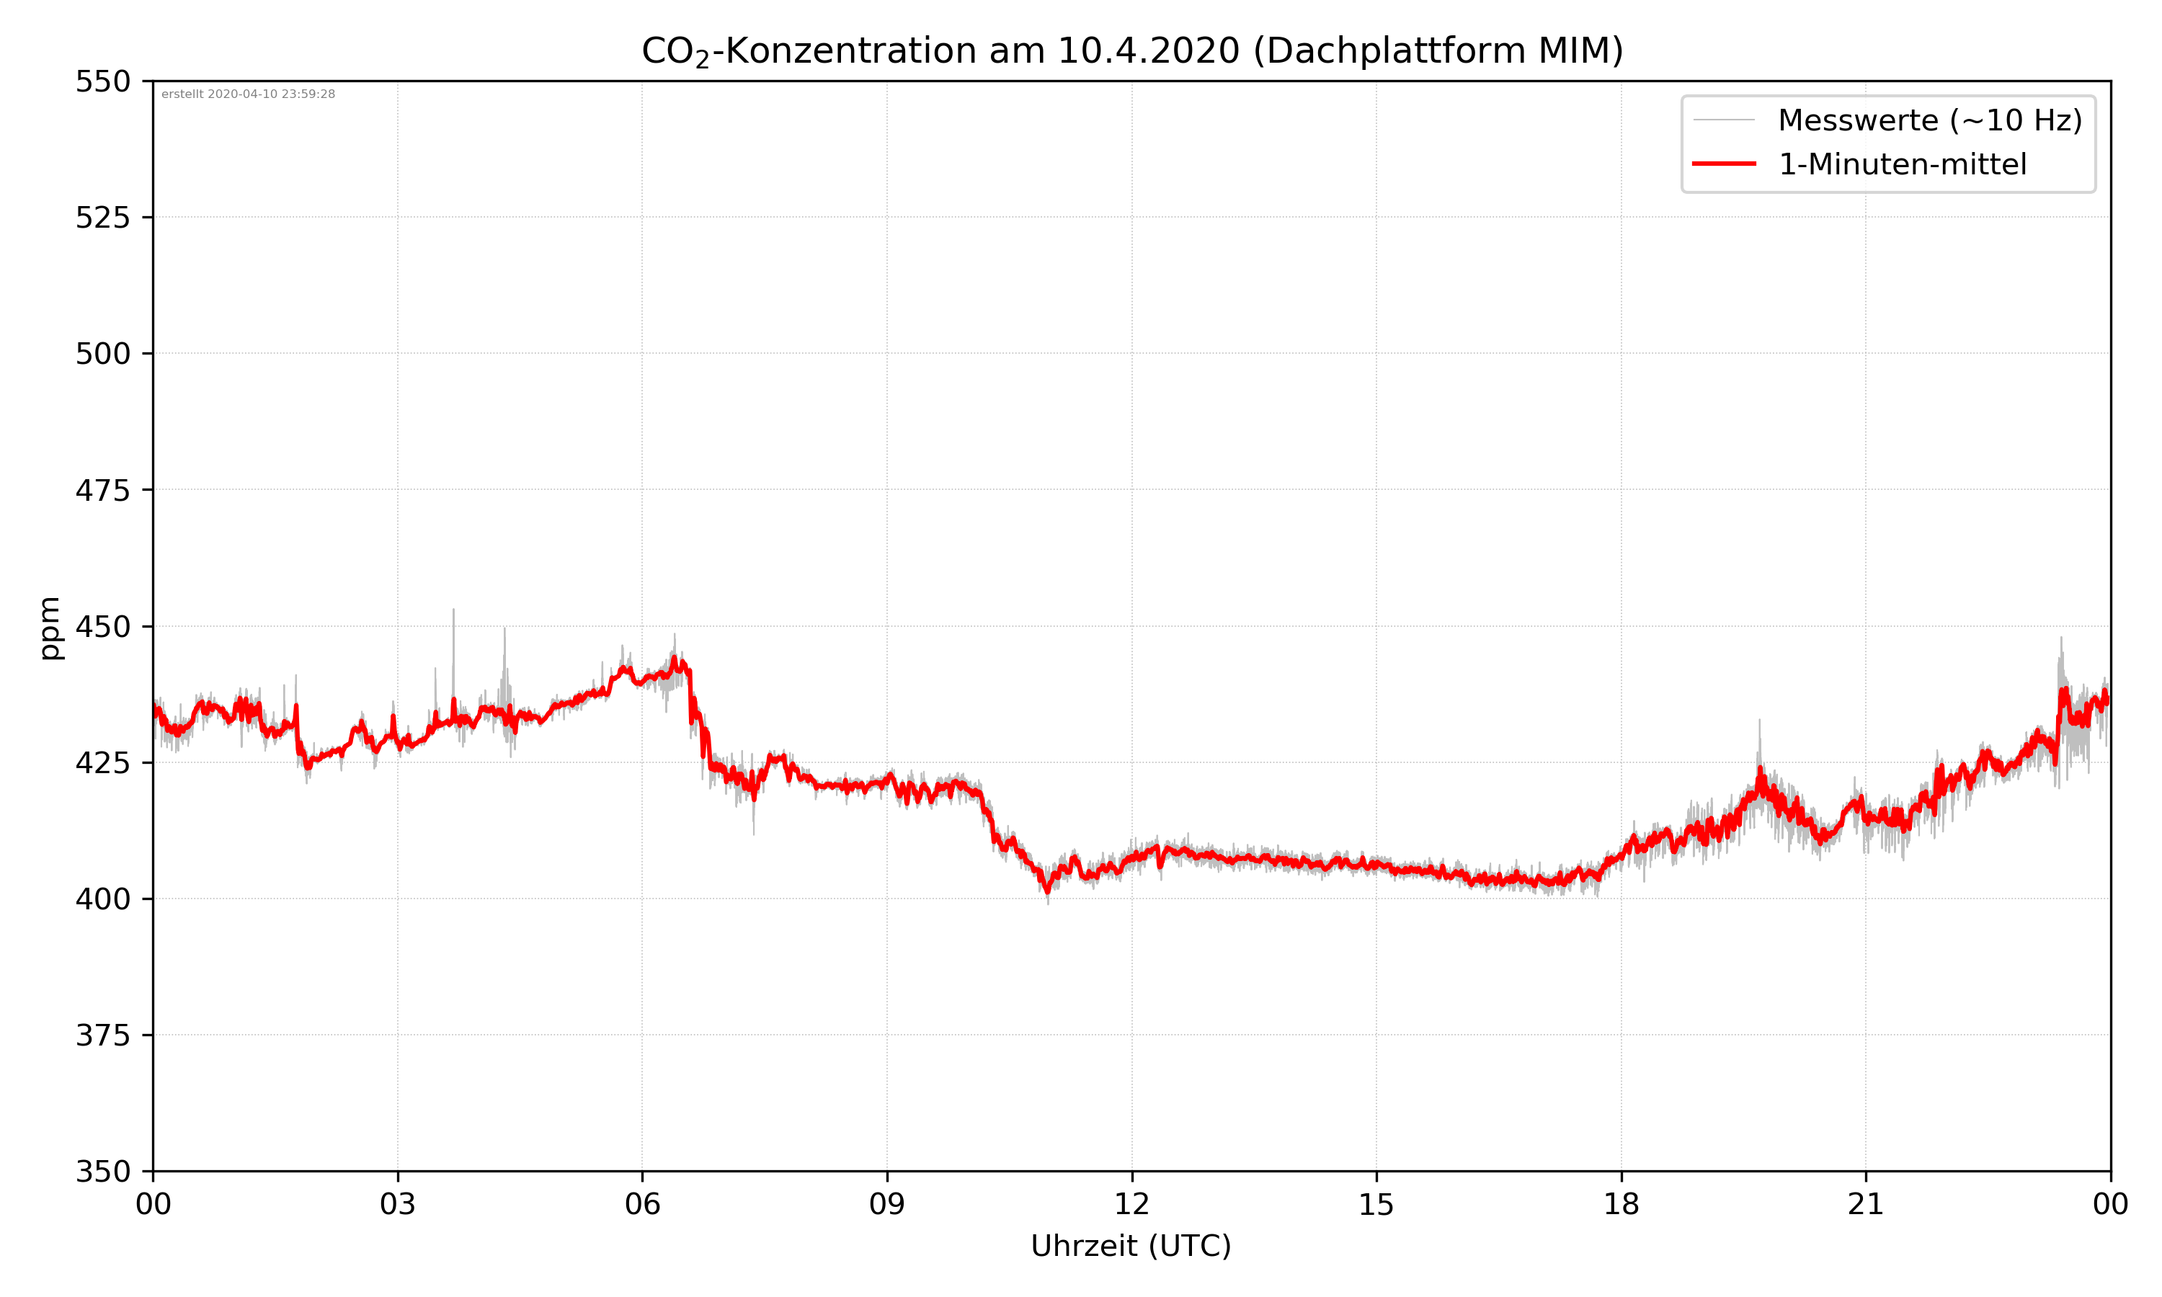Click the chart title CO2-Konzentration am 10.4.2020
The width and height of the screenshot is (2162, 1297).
click(1131, 50)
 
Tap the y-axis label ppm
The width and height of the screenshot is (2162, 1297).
click(50, 628)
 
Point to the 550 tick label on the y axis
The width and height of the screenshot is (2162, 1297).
click(102, 81)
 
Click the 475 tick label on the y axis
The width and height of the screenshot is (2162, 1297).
click(102, 490)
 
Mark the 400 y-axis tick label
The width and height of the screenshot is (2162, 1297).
click(102, 899)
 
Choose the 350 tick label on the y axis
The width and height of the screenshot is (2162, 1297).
click(102, 1172)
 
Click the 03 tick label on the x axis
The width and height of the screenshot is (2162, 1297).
click(398, 1204)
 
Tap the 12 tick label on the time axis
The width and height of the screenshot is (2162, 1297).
click(1131, 1204)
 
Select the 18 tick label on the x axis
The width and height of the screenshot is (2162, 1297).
click(1621, 1204)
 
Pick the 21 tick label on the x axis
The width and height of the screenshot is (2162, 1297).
click(1866, 1204)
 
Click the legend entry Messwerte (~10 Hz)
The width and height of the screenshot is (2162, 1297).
click(1929, 120)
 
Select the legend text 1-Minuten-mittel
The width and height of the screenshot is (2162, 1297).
click(1902, 164)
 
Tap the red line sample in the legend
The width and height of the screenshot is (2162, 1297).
click(1723, 164)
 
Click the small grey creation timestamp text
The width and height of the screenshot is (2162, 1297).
click(248, 94)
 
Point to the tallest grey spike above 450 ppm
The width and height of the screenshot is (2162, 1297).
click(453, 611)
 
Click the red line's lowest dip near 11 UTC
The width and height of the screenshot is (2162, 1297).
click(1048, 891)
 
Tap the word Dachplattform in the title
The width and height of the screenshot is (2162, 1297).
click(1389, 50)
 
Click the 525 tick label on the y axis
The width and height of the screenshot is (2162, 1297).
click(102, 218)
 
